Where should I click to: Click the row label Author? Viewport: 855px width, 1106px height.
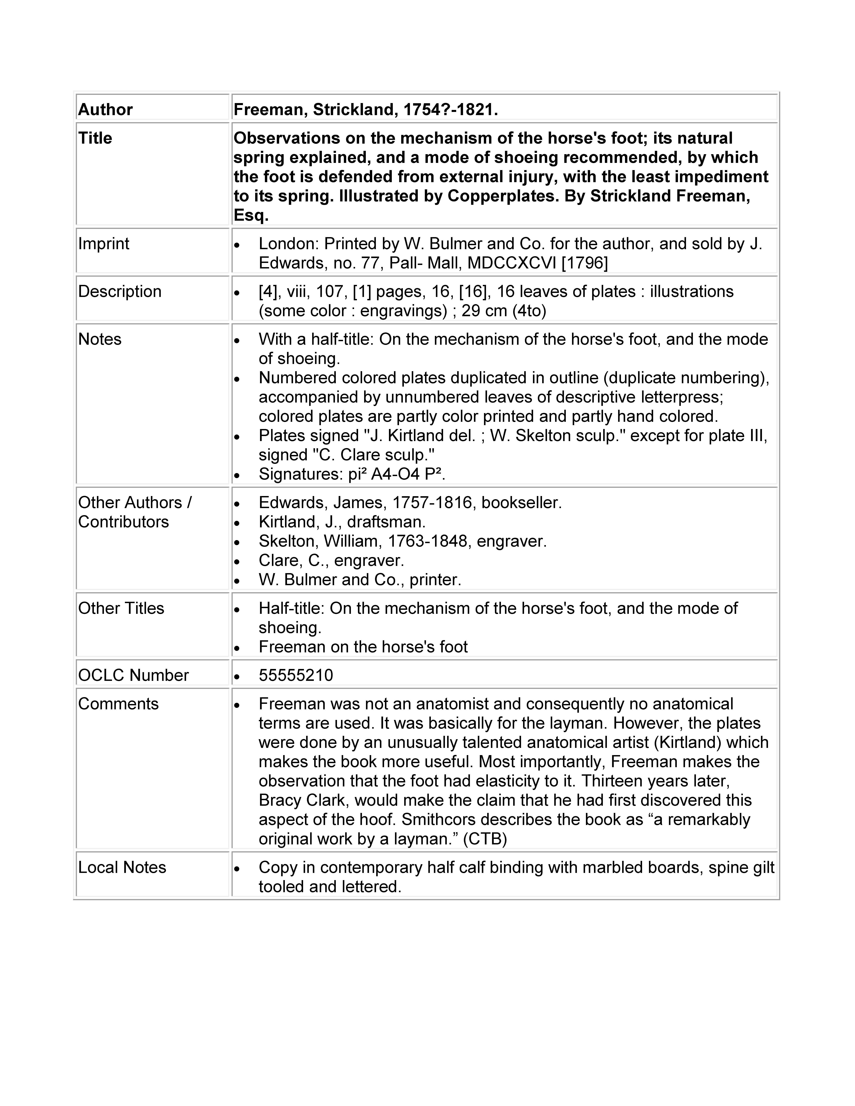tap(105, 109)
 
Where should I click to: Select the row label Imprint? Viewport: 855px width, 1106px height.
tap(104, 244)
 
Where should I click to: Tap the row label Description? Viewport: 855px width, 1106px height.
tap(120, 291)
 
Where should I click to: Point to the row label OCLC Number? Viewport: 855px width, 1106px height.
tap(133, 675)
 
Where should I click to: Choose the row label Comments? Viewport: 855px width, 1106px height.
tap(118, 703)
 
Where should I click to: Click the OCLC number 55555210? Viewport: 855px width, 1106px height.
tap(296, 675)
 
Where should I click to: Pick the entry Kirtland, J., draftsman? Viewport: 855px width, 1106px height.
tap(342, 522)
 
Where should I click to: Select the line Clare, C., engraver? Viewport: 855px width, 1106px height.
tap(331, 560)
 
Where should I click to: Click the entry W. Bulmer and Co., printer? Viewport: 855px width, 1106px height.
tap(360, 579)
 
